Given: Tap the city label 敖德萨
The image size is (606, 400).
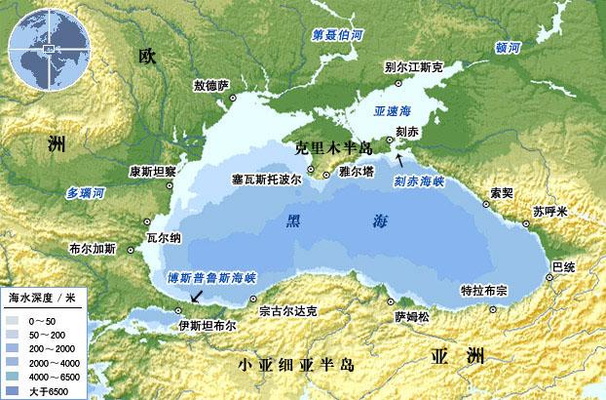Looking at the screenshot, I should pyautogui.click(x=210, y=86).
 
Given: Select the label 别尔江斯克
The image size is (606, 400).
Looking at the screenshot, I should pyautogui.click(x=414, y=68).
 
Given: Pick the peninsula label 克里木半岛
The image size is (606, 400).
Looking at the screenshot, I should pyautogui.click(x=334, y=147).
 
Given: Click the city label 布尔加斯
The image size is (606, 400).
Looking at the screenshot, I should pyautogui.click(x=94, y=249).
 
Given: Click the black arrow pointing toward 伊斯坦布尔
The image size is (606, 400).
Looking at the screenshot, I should pyautogui.click(x=200, y=294).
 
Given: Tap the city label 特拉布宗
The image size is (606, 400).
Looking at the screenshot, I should pyautogui.click(x=484, y=291).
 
